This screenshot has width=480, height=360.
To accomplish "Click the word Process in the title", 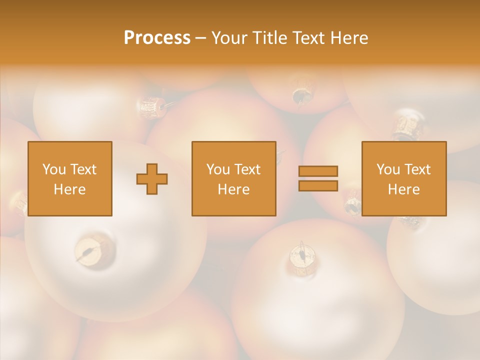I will click(x=157, y=38).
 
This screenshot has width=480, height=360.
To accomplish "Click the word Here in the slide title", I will click(x=349, y=38).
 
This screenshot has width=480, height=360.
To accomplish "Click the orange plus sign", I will click(x=152, y=179).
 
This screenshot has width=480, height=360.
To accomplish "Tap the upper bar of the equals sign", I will click(x=318, y=171).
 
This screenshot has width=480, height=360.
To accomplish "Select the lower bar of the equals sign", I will click(x=318, y=185).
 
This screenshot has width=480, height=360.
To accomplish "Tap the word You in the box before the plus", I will click(x=54, y=169).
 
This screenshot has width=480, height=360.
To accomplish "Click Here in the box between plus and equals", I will click(x=233, y=189).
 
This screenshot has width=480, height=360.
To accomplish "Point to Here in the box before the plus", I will click(x=69, y=189).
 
